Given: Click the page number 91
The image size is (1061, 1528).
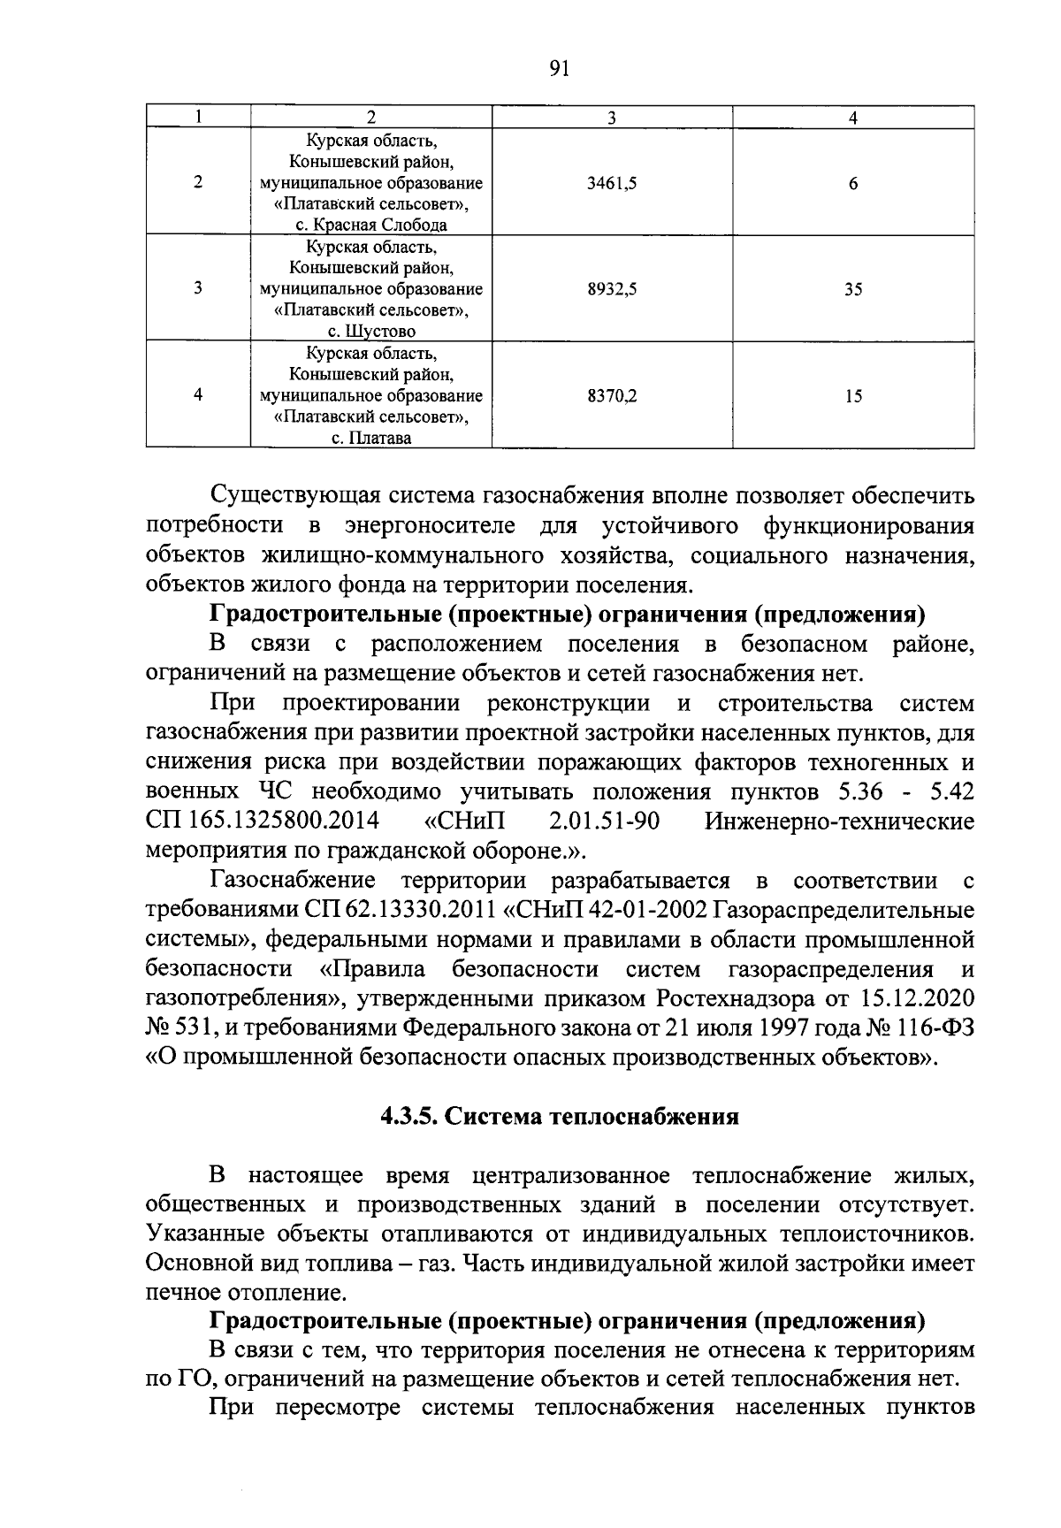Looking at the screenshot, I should tap(558, 70).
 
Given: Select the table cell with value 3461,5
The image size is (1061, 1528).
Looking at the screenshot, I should tap(612, 184).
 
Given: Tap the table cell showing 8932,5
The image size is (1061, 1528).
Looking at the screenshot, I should tap(612, 289).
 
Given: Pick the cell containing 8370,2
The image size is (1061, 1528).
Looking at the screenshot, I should tap(612, 396).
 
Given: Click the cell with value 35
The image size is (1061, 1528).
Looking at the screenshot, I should tap(852, 289).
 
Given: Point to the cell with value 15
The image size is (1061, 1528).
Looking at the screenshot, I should tap(852, 396).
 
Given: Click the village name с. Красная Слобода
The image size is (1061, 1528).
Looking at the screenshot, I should tap(371, 225).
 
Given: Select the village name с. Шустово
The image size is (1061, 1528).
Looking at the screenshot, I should tap(371, 332).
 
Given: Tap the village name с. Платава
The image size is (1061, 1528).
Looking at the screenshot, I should tap(371, 438).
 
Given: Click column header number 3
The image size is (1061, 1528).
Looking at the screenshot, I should tap(612, 118).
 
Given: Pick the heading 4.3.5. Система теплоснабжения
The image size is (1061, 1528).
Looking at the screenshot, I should tap(559, 1117).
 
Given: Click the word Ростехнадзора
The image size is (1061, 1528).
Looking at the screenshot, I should tap(726, 998).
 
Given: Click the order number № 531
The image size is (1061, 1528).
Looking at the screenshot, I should tap(178, 1028).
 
